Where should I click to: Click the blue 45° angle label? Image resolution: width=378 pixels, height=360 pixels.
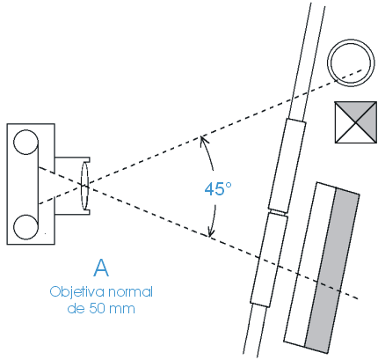[218, 188]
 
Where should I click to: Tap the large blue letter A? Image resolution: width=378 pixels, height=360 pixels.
[101, 268]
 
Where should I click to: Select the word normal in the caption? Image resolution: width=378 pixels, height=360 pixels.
[131, 292]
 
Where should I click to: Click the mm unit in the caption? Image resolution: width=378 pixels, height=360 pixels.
[122, 310]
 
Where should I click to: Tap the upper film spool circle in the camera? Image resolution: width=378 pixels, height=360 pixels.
[25, 143]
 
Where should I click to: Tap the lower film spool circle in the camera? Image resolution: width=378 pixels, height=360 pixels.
[25, 227]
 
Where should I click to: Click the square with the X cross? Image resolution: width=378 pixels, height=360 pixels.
[356, 122]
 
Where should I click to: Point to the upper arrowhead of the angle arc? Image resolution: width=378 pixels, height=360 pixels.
[201, 138]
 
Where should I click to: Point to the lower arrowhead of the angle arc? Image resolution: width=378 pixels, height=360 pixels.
[210, 232]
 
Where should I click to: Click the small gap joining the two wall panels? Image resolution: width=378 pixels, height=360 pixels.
[278, 212]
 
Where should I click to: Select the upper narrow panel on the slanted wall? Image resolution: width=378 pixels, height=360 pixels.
[287, 165]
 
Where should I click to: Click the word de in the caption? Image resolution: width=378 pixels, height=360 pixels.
[76, 309]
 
